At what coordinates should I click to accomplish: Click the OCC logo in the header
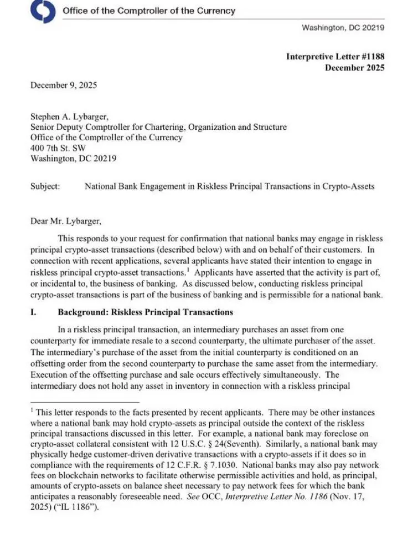click(43, 11)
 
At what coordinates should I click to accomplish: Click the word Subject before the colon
click(45, 186)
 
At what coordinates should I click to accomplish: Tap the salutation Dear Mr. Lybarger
click(65, 221)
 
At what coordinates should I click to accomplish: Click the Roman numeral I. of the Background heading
click(34, 312)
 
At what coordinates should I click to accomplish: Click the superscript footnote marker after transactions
click(188, 270)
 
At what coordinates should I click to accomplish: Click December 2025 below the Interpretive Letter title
click(354, 68)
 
